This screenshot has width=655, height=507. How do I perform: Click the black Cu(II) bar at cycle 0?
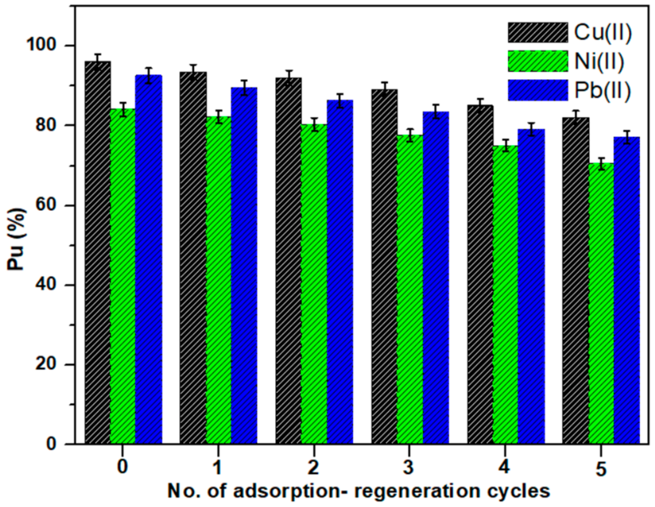click(98, 252)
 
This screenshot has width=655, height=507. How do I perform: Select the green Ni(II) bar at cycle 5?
click(601, 302)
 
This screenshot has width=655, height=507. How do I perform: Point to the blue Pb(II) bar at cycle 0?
click(149, 259)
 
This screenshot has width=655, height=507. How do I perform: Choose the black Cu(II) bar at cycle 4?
click(480, 274)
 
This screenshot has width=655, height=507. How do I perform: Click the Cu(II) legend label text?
click(603, 33)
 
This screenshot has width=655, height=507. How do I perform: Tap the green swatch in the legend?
click(538, 61)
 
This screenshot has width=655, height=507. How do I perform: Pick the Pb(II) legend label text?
click(603, 90)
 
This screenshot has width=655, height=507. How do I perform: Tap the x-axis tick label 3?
click(408, 467)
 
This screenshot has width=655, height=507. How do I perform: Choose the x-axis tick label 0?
click(123, 467)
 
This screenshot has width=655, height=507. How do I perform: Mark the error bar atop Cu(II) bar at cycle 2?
click(289, 78)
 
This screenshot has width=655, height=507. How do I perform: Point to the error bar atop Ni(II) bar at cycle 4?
click(506, 145)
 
